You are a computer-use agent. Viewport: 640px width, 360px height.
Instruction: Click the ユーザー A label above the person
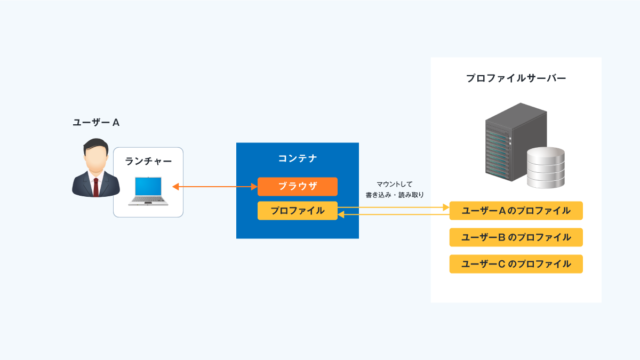pyautogui.click(x=96, y=123)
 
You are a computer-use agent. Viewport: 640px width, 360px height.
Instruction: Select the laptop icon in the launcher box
pyautogui.click(x=148, y=191)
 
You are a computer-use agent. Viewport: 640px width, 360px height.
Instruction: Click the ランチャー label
pyautogui.click(x=148, y=161)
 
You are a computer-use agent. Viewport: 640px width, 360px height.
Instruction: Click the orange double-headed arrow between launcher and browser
pyautogui.click(x=215, y=187)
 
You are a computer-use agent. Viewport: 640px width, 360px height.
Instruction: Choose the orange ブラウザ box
pyautogui.click(x=298, y=187)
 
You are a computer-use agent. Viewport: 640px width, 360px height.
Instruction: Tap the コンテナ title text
pyautogui.click(x=298, y=158)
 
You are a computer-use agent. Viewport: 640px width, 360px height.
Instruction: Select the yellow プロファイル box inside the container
pyautogui.click(x=298, y=211)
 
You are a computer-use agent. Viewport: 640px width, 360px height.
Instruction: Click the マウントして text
pyautogui.click(x=395, y=185)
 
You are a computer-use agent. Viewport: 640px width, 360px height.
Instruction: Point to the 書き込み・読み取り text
pyautogui.click(x=395, y=195)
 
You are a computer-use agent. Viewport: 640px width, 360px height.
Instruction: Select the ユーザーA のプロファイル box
pyautogui.click(x=516, y=211)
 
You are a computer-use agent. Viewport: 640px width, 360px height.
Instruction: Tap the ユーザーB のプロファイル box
pyautogui.click(x=516, y=237)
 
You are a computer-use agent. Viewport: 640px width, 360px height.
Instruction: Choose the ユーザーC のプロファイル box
pyautogui.click(x=516, y=264)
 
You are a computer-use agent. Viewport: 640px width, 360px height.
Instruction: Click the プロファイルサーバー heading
pyautogui.click(x=516, y=78)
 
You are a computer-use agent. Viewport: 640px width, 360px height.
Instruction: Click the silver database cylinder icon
pyautogui.click(x=546, y=167)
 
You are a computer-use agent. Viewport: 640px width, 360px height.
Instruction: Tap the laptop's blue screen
pyautogui.click(x=148, y=186)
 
